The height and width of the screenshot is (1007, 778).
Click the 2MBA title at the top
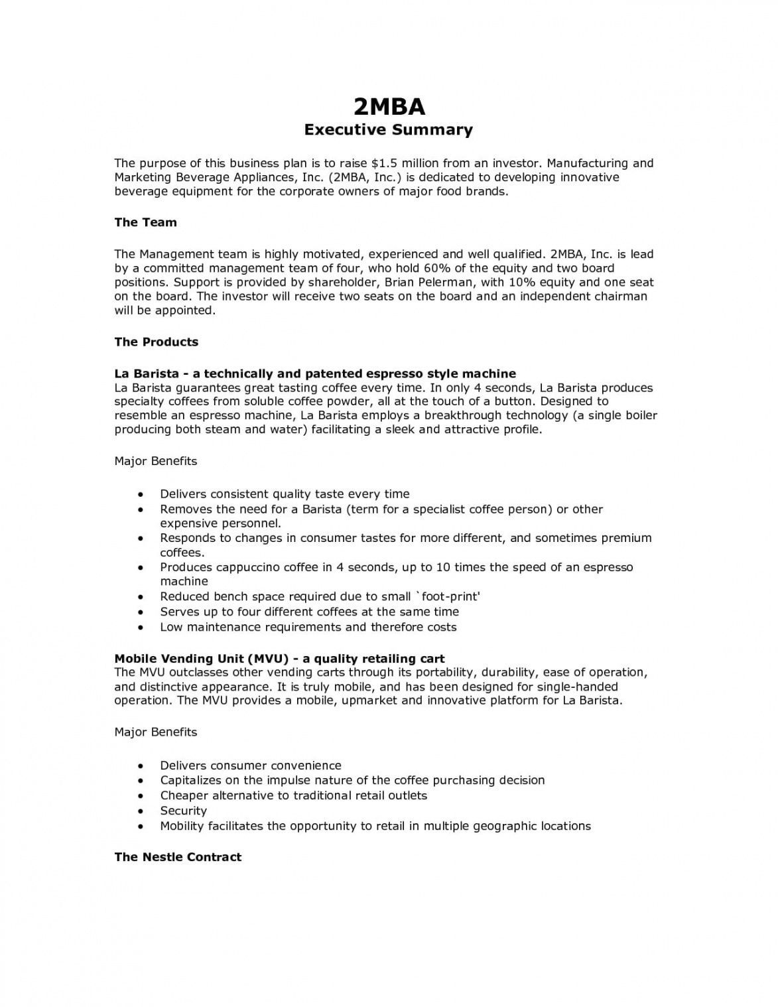click(389, 106)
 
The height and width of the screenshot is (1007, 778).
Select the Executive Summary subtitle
click(389, 129)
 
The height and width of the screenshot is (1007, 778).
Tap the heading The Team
click(145, 222)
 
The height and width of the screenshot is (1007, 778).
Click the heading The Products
click(157, 342)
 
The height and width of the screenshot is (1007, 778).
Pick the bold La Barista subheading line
click(315, 373)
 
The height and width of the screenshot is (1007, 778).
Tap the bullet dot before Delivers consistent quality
click(141, 494)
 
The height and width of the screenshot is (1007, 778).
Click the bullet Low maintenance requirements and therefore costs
click(308, 627)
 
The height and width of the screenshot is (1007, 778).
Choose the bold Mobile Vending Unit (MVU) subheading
click(279, 659)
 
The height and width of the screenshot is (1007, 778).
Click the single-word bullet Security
click(183, 811)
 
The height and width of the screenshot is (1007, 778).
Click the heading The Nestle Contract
click(178, 857)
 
